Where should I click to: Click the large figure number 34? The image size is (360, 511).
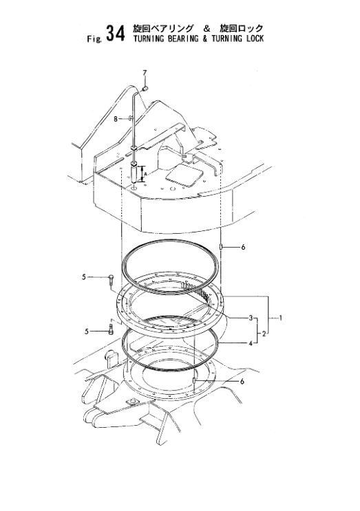coord(112,34)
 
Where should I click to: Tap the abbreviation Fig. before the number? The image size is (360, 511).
coord(91,39)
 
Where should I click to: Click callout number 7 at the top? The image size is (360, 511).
coord(145,72)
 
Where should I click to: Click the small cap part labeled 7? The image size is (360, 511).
coord(147,87)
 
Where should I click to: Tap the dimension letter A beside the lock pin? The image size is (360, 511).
coord(146,174)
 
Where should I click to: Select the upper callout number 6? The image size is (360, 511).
coord(243,247)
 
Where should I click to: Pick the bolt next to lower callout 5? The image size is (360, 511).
coord(110,329)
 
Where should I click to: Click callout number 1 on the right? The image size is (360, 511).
coord(282,318)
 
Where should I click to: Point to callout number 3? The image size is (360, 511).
coord(251,318)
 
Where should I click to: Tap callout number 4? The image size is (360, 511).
coord(251,342)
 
